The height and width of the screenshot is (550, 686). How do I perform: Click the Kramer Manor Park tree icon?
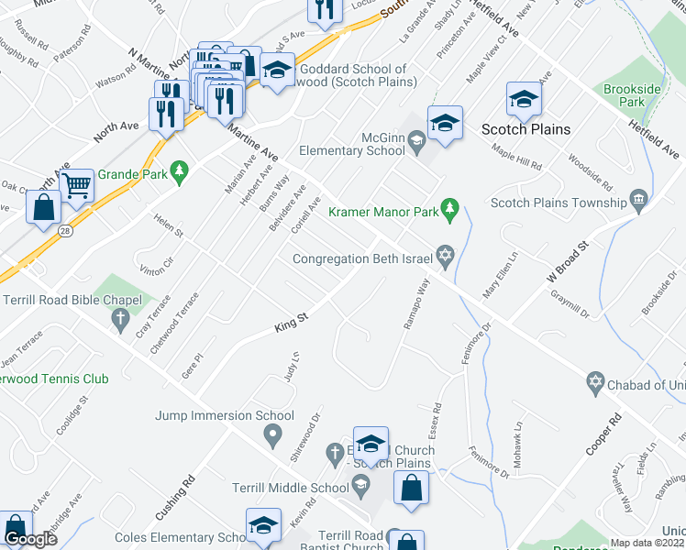pos(449,211)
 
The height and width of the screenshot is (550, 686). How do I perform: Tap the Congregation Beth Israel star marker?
pos(446,258)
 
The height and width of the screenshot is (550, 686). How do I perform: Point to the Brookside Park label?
pos(632,96)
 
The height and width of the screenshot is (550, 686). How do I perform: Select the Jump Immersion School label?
pos(225,415)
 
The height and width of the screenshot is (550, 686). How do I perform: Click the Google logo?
pos(30,539)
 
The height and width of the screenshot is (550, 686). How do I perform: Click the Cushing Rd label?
pos(182,492)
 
